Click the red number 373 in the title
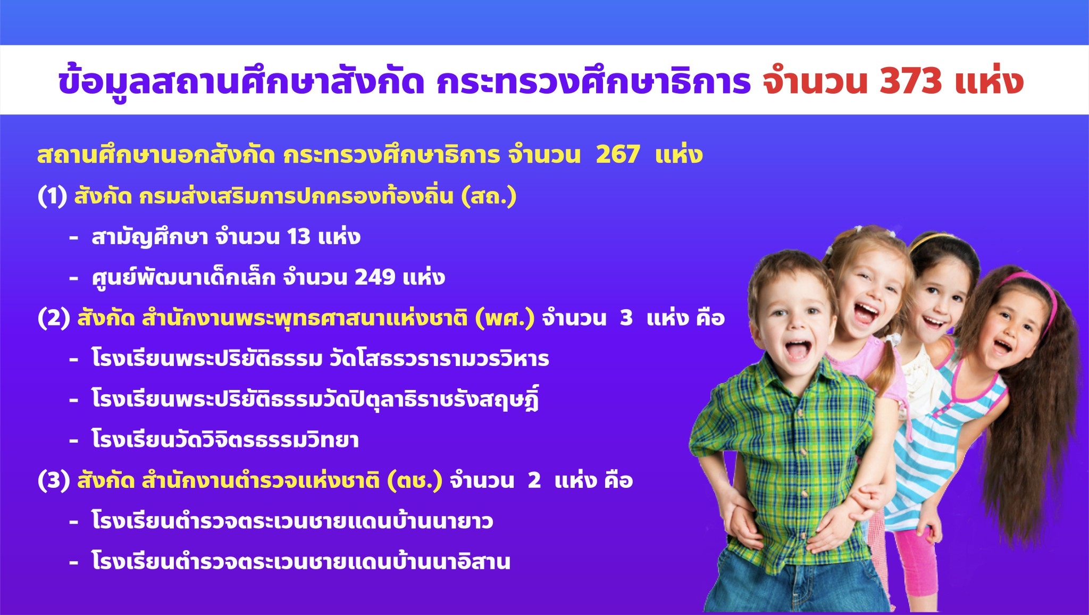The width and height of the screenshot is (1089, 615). tap(911, 81)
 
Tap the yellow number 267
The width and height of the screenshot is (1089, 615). tap(618, 155)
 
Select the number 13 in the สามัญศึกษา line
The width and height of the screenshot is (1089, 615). tap(299, 237)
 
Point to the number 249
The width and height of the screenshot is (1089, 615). tap(375, 277)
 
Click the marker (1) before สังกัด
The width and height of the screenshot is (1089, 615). tap(52, 196)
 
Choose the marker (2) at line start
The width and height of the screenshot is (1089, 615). tap(54, 318)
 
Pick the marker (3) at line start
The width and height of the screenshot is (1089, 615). tap(54, 481)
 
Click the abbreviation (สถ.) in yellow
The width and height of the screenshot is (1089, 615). tap(489, 196)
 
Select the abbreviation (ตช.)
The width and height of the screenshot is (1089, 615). tap(415, 481)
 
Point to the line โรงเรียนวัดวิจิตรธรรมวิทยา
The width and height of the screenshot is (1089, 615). tap(225, 439)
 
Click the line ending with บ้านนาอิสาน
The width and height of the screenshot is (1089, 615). tap(301, 561)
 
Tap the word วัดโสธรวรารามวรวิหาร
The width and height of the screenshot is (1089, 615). tap(439, 358)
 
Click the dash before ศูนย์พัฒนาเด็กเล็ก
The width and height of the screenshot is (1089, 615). tap(74, 278)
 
